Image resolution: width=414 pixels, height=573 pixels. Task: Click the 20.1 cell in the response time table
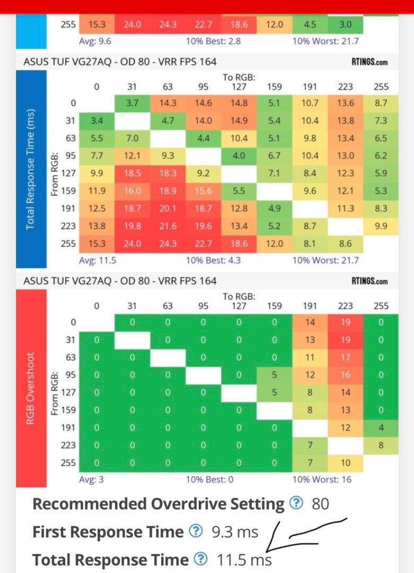168,208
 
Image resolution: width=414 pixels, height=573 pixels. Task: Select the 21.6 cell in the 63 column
168,225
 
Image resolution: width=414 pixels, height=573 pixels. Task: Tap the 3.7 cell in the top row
132,103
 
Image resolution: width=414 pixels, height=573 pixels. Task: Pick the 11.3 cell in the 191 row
345,208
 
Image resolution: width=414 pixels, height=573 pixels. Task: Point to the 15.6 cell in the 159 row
203,190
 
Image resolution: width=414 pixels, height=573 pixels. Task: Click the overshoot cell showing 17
345,358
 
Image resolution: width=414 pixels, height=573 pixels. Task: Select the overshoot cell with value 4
381,428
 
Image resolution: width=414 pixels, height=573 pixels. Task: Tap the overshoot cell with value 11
310,358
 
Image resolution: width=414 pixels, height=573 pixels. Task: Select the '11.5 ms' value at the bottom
244,560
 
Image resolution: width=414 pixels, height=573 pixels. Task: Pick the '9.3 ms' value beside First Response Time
234,532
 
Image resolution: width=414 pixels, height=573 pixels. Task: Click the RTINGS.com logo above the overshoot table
369,281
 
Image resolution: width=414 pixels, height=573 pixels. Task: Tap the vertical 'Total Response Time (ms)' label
31,169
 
